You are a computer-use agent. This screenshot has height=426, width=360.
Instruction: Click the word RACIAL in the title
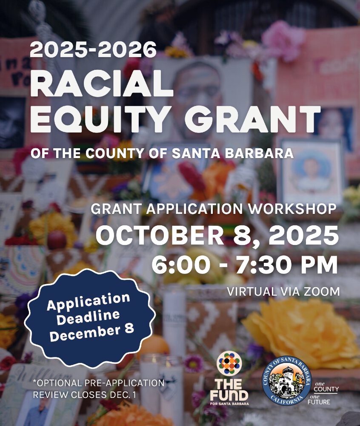click(x=101, y=83)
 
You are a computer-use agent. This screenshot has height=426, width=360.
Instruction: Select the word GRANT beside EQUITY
click(x=252, y=118)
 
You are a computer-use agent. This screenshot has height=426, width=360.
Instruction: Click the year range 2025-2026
click(x=93, y=50)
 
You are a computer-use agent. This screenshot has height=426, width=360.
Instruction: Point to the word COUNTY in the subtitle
click(x=114, y=153)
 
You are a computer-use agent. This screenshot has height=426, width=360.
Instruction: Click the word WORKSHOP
click(x=292, y=209)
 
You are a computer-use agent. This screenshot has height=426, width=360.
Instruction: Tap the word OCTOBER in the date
click(x=160, y=235)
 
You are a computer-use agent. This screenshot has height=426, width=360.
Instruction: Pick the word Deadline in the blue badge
click(x=89, y=317)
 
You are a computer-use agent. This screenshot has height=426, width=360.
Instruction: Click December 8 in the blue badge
click(x=91, y=332)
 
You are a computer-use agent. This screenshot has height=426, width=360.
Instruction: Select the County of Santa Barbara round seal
click(x=287, y=381)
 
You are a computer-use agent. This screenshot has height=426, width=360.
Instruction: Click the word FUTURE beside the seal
click(x=319, y=402)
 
